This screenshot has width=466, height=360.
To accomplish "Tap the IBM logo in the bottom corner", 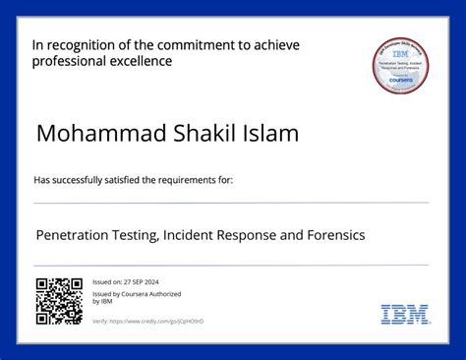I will pos(404,315).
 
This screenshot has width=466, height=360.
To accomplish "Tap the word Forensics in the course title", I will pos(330,235).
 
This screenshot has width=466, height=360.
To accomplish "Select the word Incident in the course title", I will pos(197,235).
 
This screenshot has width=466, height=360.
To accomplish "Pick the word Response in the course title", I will pos(261,235).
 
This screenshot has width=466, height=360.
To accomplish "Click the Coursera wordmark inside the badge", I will pos(404,84).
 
